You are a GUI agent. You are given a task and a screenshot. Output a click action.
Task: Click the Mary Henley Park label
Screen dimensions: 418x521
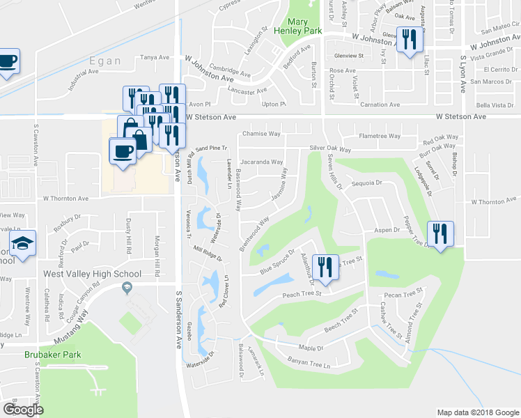(x=300, y=26)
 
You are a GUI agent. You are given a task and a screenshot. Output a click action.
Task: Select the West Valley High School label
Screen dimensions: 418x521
(x=93, y=274)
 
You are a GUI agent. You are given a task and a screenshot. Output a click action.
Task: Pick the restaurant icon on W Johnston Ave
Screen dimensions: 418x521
(x=409, y=40)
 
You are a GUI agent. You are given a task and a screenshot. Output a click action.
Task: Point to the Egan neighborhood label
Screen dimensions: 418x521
(x=104, y=61)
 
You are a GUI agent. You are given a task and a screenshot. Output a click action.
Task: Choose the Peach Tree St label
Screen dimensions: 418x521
(x=301, y=294)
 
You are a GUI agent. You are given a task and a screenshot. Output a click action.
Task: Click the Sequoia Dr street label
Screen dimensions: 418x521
(x=368, y=183)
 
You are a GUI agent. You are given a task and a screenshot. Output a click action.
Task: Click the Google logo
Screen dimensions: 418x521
(x=22, y=409)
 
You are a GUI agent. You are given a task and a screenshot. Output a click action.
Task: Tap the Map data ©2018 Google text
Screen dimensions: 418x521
(x=478, y=412)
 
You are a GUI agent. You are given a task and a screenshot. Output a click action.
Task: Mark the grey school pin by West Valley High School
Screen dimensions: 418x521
(x=127, y=287)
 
